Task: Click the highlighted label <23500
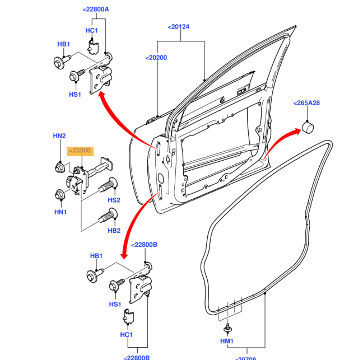tap(80, 151)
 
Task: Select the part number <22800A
tap(95, 10)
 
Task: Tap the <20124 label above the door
tap(178, 26)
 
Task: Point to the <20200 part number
tap(156, 57)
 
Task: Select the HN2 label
tap(59, 136)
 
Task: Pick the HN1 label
tap(60, 212)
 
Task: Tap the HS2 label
tap(114, 200)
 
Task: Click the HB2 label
tap(114, 230)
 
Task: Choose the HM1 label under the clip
tap(227, 341)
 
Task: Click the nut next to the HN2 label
tap(59, 167)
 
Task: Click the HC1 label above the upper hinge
tap(92, 30)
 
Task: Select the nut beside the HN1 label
tap(59, 195)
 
